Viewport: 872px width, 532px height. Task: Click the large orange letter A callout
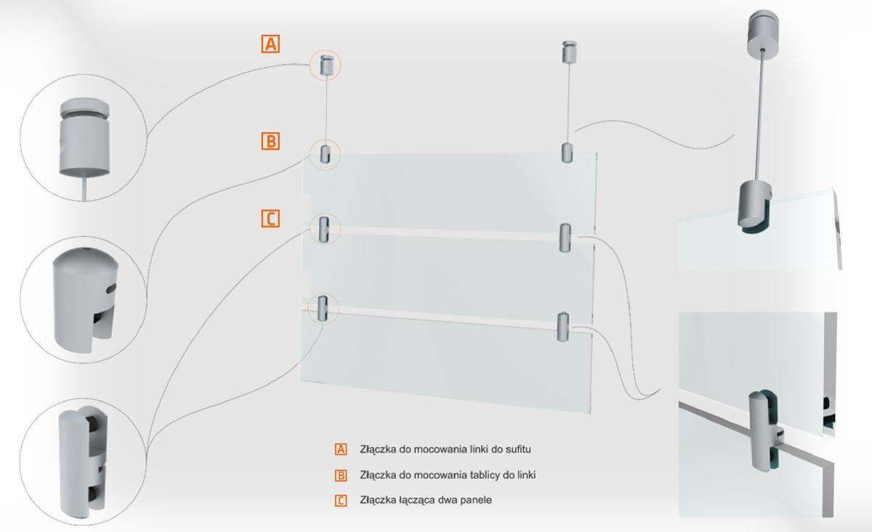(270, 44)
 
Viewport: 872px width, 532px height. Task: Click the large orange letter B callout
(270, 141)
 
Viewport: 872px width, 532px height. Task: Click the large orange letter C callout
(270, 219)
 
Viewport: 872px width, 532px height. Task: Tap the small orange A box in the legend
(341, 449)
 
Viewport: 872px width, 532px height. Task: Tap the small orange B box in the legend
(341, 475)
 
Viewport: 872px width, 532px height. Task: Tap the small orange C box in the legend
(341, 501)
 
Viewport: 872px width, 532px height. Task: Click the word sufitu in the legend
(518, 449)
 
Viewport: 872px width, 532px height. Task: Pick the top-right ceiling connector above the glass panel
(570, 52)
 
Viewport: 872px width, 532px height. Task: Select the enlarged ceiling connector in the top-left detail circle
(84, 138)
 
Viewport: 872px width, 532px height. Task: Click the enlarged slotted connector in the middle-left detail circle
(86, 299)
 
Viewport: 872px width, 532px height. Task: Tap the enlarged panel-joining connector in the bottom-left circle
(83, 461)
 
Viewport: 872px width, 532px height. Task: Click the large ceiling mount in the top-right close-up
(762, 33)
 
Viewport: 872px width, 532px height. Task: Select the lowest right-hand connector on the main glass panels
(563, 327)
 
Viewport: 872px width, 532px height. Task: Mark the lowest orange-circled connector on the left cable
(323, 308)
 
